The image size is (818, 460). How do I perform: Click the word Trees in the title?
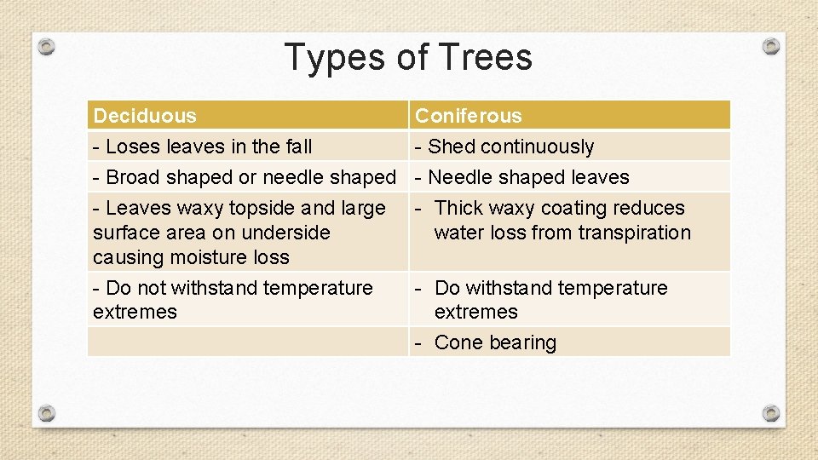486,57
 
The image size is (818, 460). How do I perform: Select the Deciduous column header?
145,116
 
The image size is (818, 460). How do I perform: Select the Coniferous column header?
468,116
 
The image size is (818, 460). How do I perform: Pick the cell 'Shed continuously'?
504,147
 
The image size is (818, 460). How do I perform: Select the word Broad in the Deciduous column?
133,177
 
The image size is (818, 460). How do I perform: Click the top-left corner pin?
48,46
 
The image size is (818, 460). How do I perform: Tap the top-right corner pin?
770,45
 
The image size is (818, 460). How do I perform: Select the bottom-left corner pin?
48,413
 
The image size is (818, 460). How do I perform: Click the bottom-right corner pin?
770,413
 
